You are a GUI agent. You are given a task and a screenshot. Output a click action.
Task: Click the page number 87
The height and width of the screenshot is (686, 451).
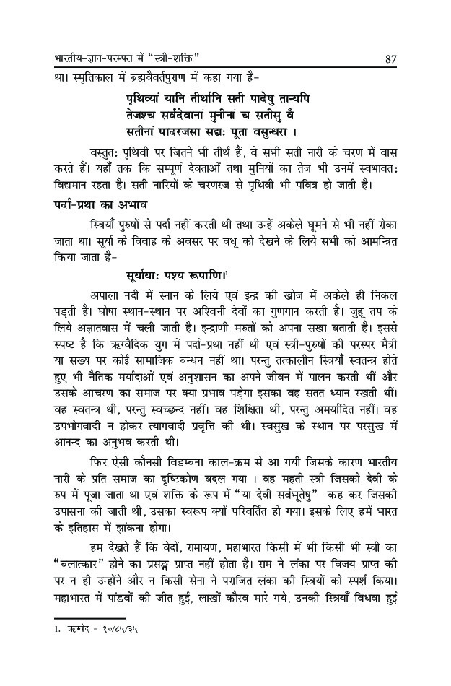(x=393, y=57)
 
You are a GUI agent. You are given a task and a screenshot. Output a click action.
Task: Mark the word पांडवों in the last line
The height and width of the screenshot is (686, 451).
(x=127, y=598)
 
